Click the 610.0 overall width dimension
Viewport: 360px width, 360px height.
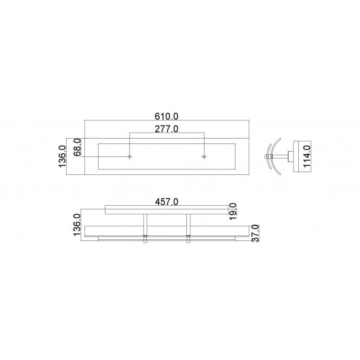(167, 115)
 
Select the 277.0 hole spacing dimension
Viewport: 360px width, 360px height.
(167, 129)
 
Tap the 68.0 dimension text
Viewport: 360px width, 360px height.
(77, 147)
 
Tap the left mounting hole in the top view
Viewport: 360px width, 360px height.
(129, 157)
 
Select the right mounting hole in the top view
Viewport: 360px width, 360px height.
(204, 157)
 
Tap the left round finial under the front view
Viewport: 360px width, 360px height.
(145, 242)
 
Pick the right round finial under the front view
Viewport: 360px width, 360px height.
(188, 242)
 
